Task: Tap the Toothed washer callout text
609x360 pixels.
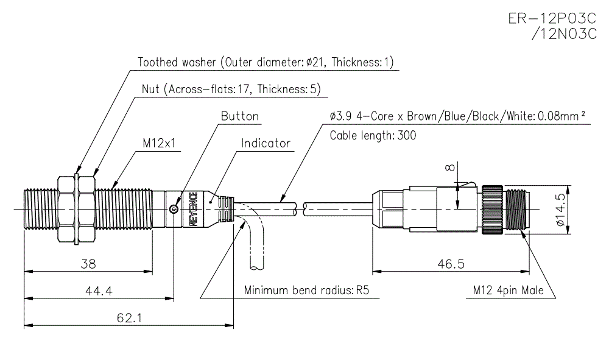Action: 266,62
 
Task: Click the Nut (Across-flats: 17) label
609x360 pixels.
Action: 231,90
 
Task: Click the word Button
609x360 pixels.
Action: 239,116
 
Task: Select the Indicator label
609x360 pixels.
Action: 266,144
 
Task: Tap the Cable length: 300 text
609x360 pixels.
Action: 373,135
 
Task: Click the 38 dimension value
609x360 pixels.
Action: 88,264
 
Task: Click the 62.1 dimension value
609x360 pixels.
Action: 128,317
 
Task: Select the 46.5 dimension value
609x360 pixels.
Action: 451,264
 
